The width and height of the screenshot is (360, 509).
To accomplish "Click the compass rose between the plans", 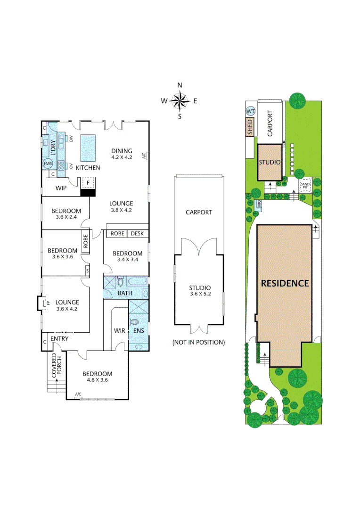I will pyautogui.click(x=180, y=100).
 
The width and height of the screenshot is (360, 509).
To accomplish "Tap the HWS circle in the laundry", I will pyautogui.click(x=47, y=163).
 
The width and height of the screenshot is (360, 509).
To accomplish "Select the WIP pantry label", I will pyautogui.click(x=61, y=188).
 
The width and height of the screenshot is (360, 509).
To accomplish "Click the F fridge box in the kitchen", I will pyautogui.click(x=87, y=183).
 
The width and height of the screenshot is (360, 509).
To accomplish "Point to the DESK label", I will pyautogui.click(x=138, y=233).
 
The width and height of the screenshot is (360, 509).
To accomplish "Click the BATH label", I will pyautogui.click(x=125, y=293).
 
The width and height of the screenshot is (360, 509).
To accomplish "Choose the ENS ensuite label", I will pyautogui.click(x=139, y=331).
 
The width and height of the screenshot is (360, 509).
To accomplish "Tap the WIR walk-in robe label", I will pyautogui.click(x=120, y=331).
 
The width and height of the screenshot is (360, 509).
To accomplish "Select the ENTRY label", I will pyautogui.click(x=60, y=338).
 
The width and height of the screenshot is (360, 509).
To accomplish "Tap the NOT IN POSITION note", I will pyautogui.click(x=198, y=342).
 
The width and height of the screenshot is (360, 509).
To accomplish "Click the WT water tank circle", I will pyautogui.click(x=250, y=111).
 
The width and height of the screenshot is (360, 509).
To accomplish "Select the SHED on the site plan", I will pyautogui.click(x=250, y=128).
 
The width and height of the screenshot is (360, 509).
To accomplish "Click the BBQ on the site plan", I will pyautogui.click(x=259, y=204).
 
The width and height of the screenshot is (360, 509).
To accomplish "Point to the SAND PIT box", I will pyautogui.click(x=305, y=185).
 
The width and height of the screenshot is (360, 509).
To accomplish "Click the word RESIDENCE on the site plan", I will pyautogui.click(x=285, y=283).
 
